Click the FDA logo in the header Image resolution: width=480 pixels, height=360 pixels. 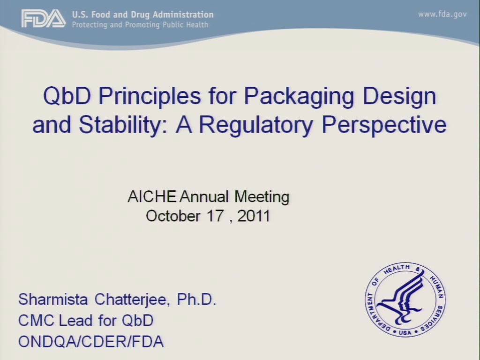(44, 18)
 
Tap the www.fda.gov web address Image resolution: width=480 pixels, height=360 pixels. (442, 15)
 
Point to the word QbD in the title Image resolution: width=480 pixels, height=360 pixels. (67, 95)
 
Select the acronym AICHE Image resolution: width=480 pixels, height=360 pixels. (152, 196)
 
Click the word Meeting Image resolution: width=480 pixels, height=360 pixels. (262, 197)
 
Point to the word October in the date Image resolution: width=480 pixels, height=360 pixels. (173, 216)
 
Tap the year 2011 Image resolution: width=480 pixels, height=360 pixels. (254, 216)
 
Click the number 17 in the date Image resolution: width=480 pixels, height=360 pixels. (215, 216)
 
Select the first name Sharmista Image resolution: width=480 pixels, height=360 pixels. (53, 299)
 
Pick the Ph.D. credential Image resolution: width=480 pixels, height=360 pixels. (196, 299)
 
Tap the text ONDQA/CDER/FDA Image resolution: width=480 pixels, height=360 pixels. (91, 342)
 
